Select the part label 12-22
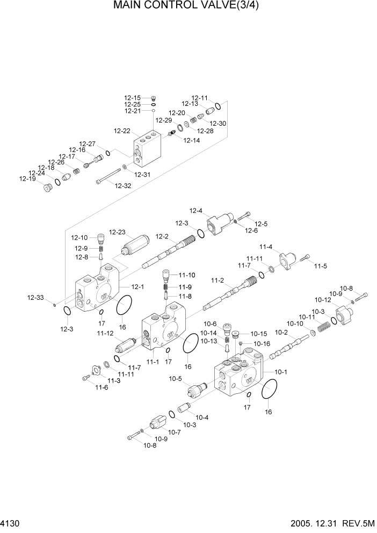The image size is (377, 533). (x=122, y=131)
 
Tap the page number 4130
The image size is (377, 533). (x=11, y=523)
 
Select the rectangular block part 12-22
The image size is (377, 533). (x=147, y=150)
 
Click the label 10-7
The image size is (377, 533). (x=174, y=432)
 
